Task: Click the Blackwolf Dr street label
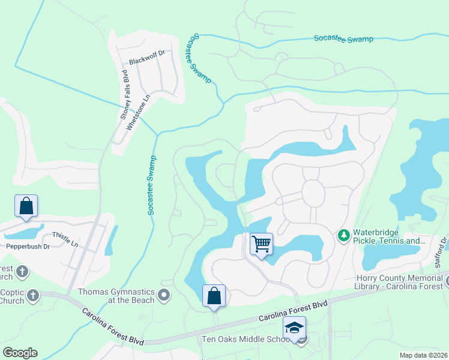pos(146,62)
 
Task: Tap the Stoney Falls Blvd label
pos(125,95)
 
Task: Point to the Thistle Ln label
pos(65,235)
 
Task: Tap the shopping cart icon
pos(261,244)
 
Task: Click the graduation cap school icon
pos(294,328)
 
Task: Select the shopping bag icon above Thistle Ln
pos(26,206)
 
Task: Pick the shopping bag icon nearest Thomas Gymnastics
pos(214,296)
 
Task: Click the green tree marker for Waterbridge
pos(344,234)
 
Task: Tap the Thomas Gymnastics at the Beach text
pos(116,296)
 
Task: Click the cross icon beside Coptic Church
pos(32,295)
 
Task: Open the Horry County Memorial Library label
pos(402,282)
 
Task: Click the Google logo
pos(20,353)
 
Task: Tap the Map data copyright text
pos(424,355)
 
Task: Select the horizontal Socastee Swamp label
pos(343,39)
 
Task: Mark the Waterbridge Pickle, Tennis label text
pos(388,237)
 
